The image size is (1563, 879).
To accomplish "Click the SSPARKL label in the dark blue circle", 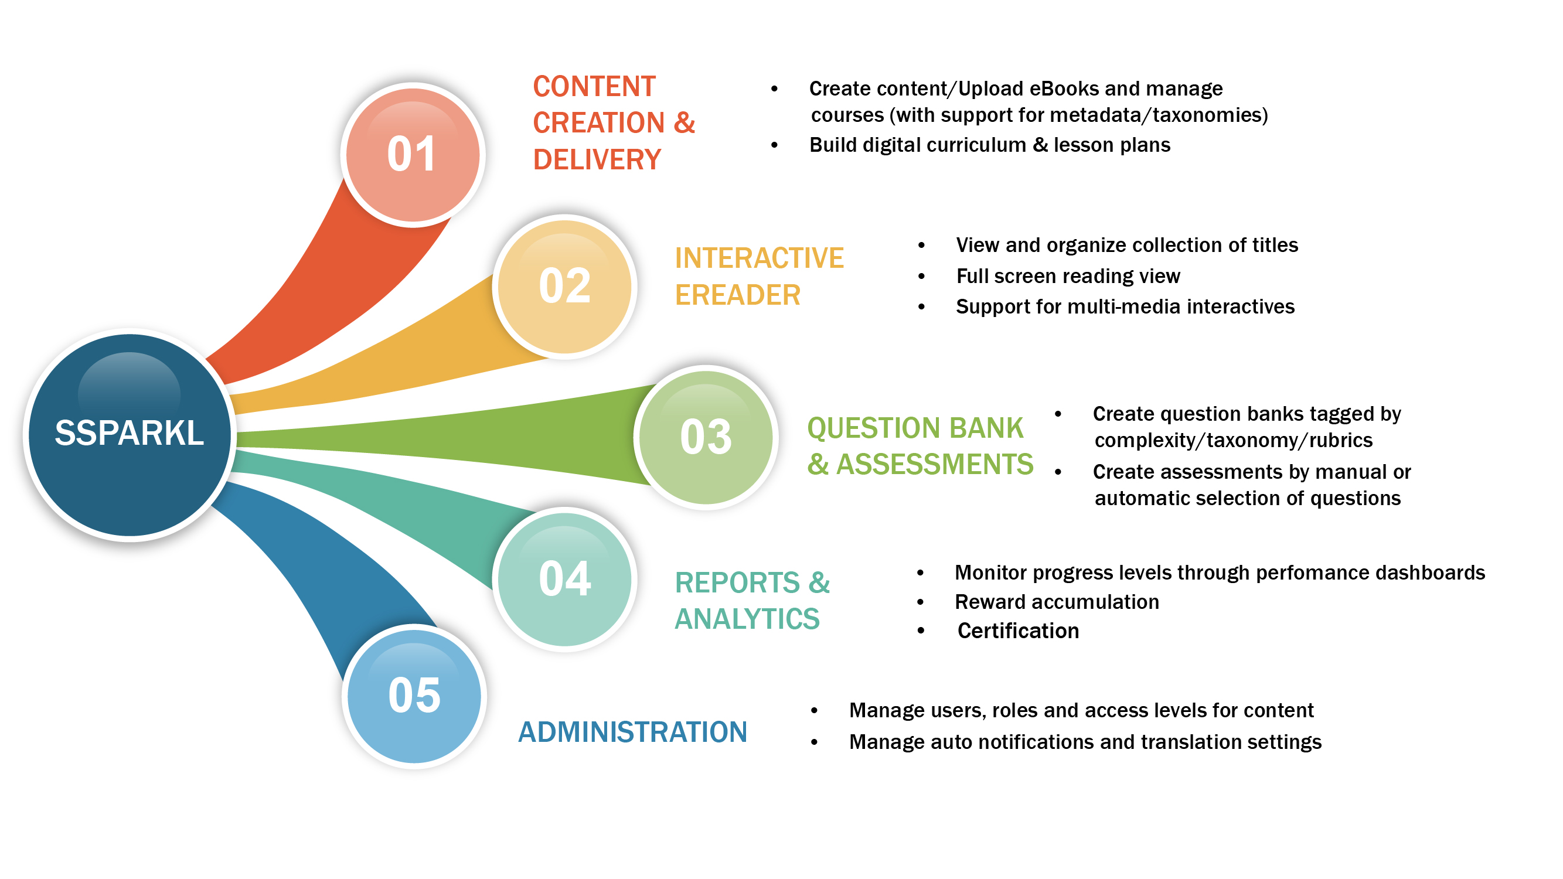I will pos(130,433).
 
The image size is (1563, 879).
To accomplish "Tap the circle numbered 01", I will pos(413,155).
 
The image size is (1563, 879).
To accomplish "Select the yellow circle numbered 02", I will pos(564,287).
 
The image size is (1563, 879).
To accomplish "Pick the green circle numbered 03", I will pos(706,437).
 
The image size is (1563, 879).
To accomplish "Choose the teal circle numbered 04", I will pos(564,579).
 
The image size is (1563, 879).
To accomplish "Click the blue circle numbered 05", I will pos(414,696).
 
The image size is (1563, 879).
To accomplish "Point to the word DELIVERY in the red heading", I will pos(597,160).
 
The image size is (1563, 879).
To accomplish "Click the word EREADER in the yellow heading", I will pos(738,295).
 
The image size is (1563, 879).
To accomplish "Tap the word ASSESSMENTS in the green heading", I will pos(934,465).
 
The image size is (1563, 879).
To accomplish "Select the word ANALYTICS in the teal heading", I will pos(747,619).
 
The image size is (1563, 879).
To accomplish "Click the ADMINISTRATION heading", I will pos(632,732).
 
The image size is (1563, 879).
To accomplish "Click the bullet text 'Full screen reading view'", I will pos(1068,277).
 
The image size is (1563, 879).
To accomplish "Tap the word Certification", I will pos(1018,631).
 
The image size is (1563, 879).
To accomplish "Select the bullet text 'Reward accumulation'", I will pos(1057,602).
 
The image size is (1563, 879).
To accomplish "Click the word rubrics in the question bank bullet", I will pos(1341,441).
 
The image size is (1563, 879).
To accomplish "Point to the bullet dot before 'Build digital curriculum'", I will pos(774,145).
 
